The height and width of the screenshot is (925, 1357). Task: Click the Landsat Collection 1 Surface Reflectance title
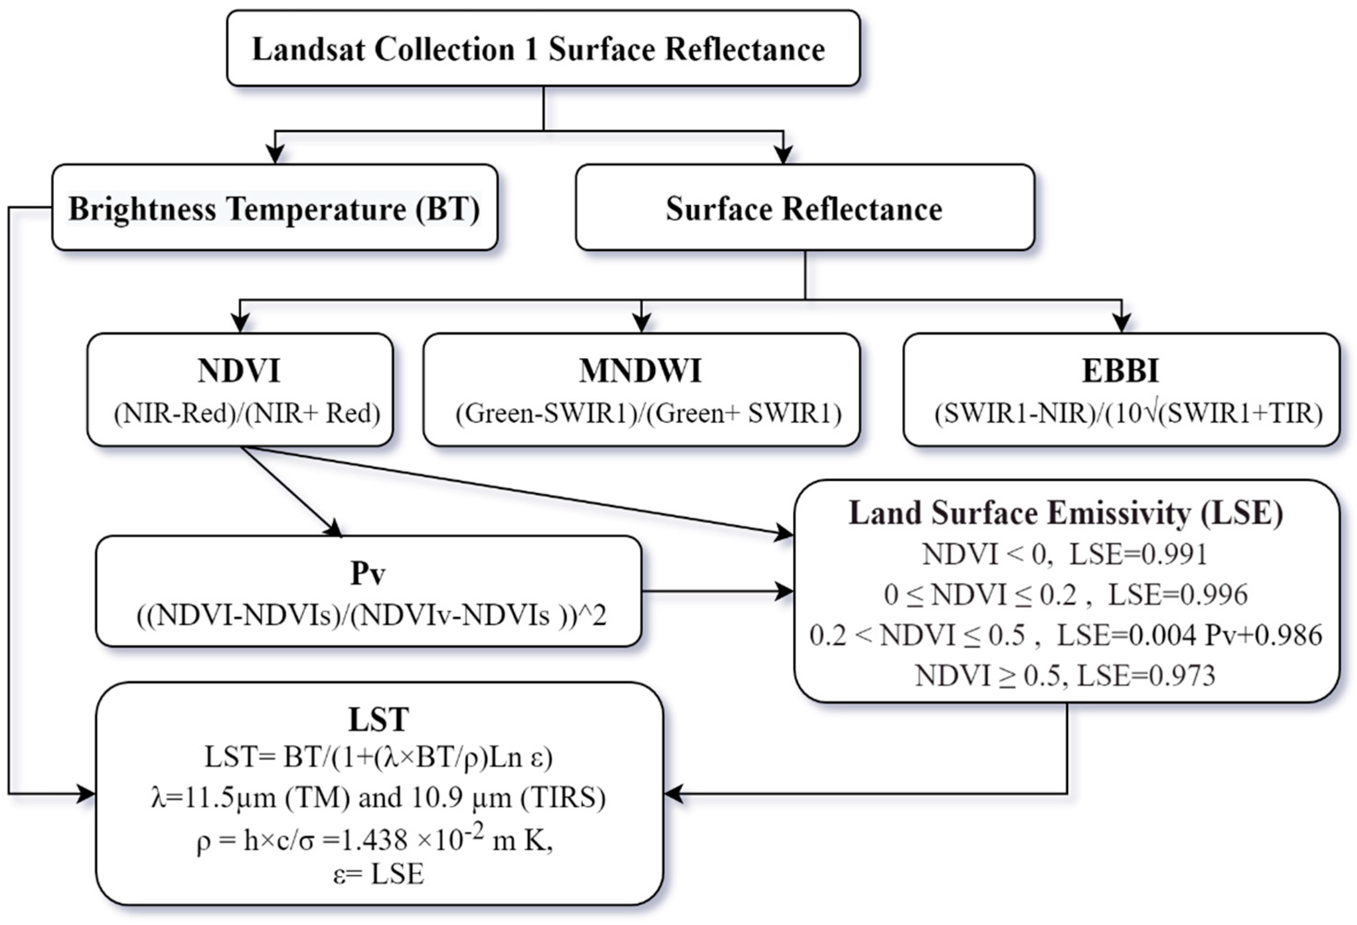538,49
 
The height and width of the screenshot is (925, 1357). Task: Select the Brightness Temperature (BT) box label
274,209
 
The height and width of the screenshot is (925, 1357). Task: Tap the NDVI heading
239,371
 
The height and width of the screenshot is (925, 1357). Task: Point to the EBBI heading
1120,371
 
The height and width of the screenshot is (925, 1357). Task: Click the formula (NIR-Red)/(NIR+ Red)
247,414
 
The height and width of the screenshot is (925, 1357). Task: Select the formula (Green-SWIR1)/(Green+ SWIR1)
648,414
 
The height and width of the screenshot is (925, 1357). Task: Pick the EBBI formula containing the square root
1128,414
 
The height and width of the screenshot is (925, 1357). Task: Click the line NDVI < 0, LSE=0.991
1064,554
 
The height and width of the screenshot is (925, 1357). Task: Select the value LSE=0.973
1145,676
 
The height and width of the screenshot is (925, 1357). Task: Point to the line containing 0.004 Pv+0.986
1066,635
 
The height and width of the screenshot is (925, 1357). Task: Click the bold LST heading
378,719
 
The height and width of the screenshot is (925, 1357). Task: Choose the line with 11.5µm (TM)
378,798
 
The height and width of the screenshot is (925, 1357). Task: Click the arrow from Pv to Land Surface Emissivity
718,591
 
